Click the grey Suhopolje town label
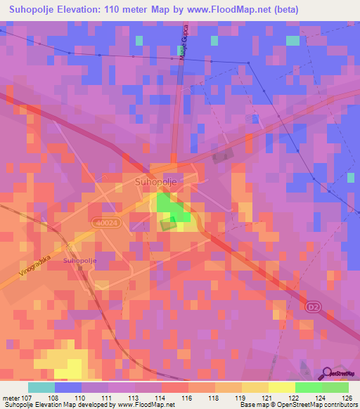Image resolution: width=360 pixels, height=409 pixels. tap(155, 181)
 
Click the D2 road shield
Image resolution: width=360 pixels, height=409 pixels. tap(314, 307)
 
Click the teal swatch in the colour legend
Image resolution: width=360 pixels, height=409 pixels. tap(41, 387)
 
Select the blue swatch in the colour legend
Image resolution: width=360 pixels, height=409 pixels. tap(68, 387)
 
